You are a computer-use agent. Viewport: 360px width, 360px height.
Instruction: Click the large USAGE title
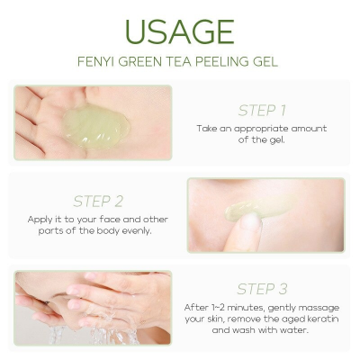179,31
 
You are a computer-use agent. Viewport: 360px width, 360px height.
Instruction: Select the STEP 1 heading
262,111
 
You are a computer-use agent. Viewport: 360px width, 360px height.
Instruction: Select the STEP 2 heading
98,201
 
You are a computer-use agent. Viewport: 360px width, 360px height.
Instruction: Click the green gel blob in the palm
96,126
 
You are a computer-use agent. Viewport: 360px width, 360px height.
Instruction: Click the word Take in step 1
209,128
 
